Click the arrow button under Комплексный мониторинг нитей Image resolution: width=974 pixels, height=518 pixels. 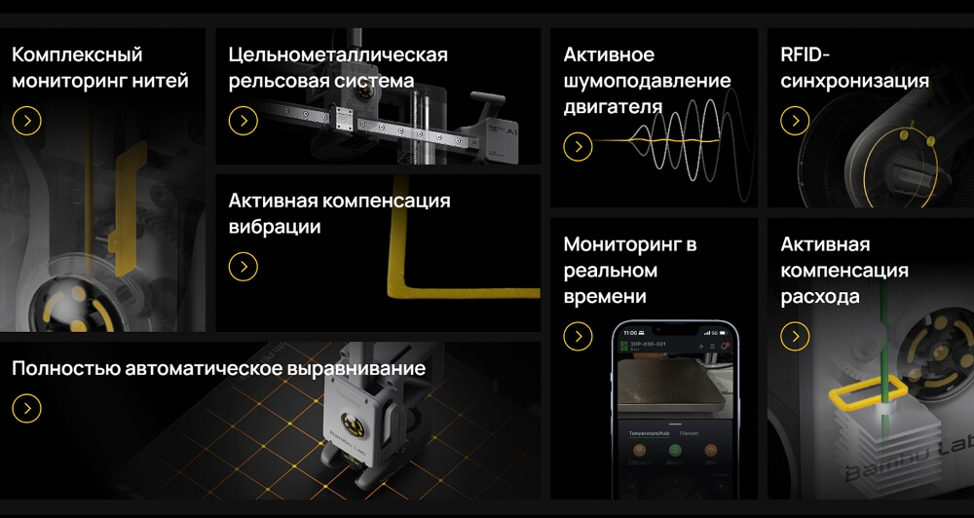point(26,121)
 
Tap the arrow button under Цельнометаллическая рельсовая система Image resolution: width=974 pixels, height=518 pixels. point(243,121)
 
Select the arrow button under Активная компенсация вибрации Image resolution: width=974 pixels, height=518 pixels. point(243,267)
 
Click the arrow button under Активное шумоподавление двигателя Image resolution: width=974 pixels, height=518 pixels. point(578,147)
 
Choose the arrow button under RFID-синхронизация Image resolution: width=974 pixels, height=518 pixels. point(795,121)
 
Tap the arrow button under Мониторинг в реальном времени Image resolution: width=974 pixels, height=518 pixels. point(578,336)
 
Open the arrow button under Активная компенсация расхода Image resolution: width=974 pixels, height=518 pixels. point(795,336)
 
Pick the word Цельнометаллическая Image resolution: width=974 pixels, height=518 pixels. point(338,55)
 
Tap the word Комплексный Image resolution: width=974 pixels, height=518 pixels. point(77,55)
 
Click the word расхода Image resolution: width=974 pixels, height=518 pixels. point(820,297)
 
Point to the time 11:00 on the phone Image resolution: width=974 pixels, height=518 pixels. point(631,333)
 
